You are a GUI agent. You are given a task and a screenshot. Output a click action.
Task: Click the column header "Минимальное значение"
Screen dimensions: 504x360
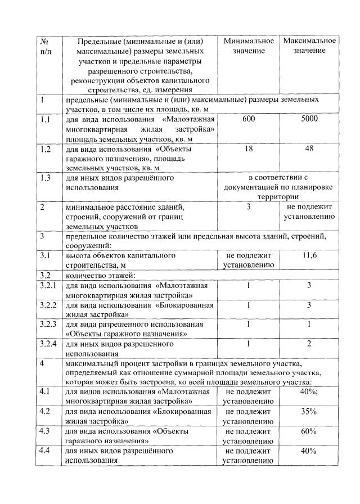coord(248,46)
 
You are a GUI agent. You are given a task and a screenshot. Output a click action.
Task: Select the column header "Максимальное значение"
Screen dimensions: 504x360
coord(309,46)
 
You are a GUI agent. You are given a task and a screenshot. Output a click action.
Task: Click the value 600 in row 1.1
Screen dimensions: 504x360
coord(248,120)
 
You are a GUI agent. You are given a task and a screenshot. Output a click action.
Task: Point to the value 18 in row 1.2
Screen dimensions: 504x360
coord(248,150)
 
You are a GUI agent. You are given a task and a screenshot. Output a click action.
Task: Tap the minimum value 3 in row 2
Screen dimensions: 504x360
coord(248,208)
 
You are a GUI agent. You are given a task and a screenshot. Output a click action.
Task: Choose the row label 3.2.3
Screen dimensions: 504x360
coord(48,325)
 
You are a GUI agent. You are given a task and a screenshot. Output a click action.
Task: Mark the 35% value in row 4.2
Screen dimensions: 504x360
coord(309,411)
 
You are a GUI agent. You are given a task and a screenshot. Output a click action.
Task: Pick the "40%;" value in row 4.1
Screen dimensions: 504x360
coord(309,391)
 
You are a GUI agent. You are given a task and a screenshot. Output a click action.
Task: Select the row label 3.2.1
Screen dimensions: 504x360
coord(48,286)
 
